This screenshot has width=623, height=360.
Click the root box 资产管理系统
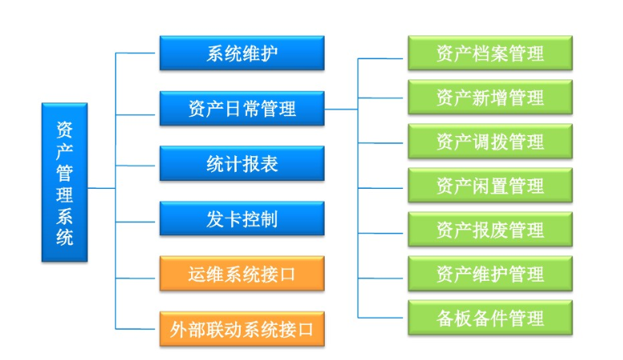click(x=65, y=182)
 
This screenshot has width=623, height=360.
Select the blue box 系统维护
click(x=242, y=53)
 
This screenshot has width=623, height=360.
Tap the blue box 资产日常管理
click(x=242, y=108)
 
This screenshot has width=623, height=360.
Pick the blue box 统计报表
click(x=242, y=163)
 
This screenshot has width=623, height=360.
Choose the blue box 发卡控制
click(x=242, y=218)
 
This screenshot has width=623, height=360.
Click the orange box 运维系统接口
click(x=242, y=274)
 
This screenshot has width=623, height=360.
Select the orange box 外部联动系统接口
click(x=242, y=328)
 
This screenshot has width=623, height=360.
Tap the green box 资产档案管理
click(x=489, y=54)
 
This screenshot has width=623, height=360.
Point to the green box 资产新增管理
click(x=489, y=98)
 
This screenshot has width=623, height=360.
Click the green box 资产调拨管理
click(x=489, y=142)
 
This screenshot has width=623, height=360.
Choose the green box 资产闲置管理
click(x=489, y=186)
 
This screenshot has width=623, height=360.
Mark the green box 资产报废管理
click(x=489, y=230)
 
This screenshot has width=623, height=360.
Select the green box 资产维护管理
click(x=489, y=274)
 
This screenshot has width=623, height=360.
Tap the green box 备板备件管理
click(x=489, y=318)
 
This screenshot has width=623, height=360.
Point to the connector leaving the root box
click(x=102, y=188)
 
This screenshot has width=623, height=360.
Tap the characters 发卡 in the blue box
click(x=223, y=218)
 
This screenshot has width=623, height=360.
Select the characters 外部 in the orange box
click(x=189, y=328)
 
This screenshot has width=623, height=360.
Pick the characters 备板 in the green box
click(x=454, y=318)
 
